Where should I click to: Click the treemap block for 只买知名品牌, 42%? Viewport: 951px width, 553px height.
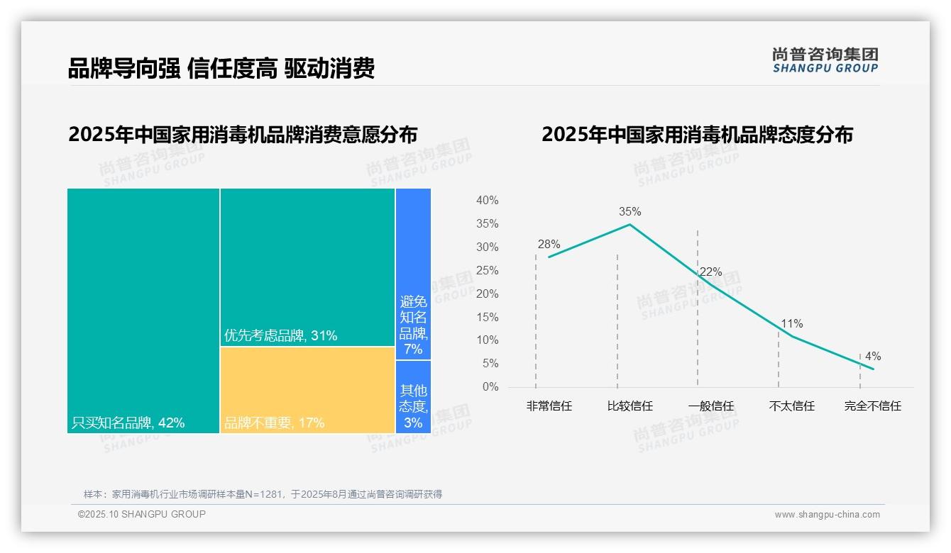tap(143, 310)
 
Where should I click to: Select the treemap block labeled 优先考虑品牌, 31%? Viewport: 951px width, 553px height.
tap(307, 267)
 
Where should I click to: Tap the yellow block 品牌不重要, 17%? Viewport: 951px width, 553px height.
tap(307, 389)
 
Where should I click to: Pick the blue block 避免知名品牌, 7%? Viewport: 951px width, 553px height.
tap(413, 274)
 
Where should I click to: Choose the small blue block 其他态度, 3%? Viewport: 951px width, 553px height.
tap(413, 397)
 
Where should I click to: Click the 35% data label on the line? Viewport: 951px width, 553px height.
tap(630, 211)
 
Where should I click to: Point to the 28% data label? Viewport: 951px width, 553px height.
tap(549, 244)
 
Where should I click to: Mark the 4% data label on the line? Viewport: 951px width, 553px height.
tap(873, 356)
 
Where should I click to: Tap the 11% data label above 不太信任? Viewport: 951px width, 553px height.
tap(791, 323)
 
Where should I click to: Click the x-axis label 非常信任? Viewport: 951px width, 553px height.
tap(549, 406)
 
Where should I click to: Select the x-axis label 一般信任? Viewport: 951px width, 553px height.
tap(710, 406)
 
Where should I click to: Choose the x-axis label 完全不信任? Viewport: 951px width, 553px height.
tap(872, 406)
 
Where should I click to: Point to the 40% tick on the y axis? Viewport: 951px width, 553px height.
tap(487, 201)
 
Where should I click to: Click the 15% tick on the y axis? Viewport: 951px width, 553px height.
tap(487, 317)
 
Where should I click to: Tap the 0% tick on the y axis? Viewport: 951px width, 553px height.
tap(490, 387)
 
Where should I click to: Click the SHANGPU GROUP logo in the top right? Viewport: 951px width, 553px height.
tap(825, 60)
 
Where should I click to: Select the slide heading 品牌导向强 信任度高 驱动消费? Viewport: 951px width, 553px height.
tap(221, 69)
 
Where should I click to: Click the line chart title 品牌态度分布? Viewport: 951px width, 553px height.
tap(697, 135)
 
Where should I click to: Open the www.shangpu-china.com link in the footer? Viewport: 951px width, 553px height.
tap(827, 515)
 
